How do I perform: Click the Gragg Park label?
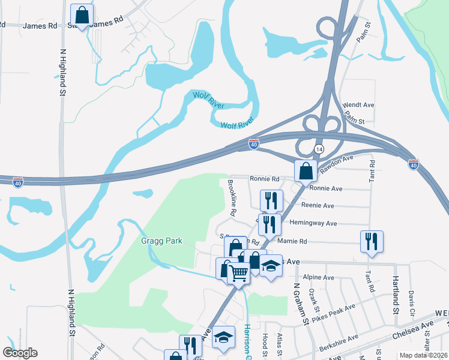click(x=161, y=241)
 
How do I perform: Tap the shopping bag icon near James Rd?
click(x=82, y=15)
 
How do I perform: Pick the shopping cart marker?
click(x=240, y=274)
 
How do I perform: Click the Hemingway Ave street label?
click(x=313, y=223)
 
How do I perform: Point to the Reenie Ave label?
click(x=318, y=206)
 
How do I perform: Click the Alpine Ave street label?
click(x=319, y=278)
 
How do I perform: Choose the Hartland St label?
click(x=396, y=296)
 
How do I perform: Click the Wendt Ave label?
click(x=358, y=105)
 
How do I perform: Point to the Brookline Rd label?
click(x=231, y=197)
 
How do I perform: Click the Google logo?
click(x=20, y=353)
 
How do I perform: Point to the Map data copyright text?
click(x=423, y=355)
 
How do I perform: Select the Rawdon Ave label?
click(x=336, y=163)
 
